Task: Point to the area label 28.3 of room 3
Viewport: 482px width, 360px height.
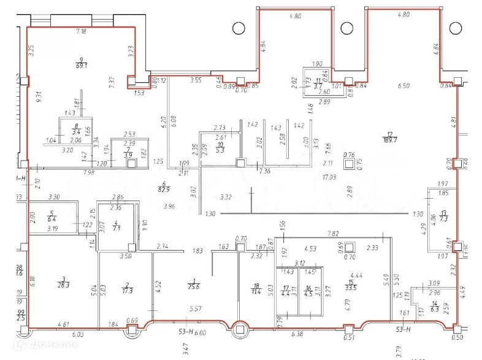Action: [63, 285]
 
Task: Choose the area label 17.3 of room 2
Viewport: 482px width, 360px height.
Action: [127, 289]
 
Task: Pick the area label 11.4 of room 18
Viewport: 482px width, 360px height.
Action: [256, 289]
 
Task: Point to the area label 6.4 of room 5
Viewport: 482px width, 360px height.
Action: [52, 218]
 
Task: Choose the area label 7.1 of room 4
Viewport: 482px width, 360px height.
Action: [116, 228]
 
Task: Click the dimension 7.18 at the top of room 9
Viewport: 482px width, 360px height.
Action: [81, 31]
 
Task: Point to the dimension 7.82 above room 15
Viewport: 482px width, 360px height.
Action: [334, 234]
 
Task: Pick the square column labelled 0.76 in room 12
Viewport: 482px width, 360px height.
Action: [350, 164]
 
